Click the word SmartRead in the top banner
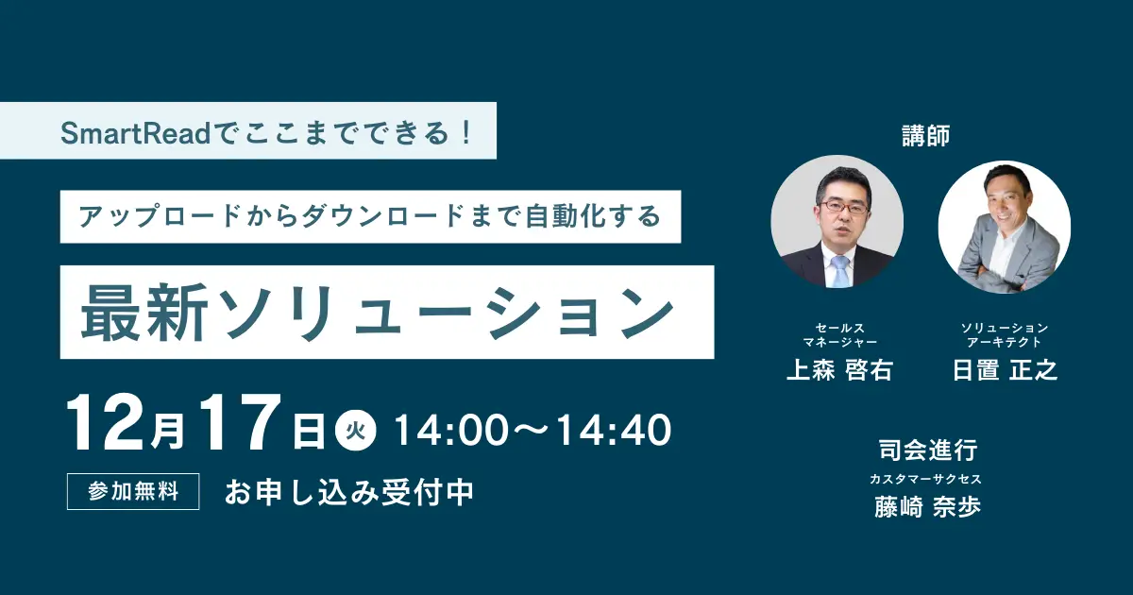pos(136,133)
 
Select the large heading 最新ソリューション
pos(378,313)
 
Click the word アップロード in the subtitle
pos(159,216)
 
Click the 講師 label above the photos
pos(926,136)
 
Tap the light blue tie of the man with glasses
pos(840,272)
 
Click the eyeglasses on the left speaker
pos(844,207)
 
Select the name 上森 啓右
pos(840,370)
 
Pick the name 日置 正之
pos(1005,370)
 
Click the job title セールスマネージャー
pos(840,335)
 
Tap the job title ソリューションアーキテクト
pos(1005,335)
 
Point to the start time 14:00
pos(451,430)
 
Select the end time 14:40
pos(614,430)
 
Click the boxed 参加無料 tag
pos(133,491)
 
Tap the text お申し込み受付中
pos(349,492)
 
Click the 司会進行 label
pos(928,450)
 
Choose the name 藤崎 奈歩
pos(927,507)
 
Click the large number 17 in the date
pos(240,423)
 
